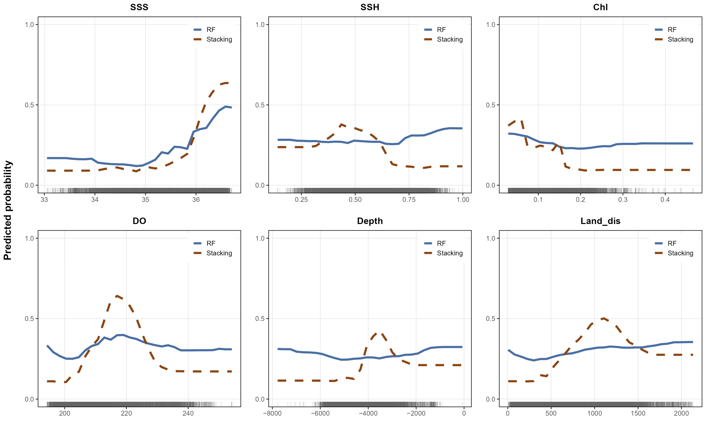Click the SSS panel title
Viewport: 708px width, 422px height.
139,7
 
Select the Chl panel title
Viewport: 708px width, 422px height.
600,7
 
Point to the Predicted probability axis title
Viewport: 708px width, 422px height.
8,211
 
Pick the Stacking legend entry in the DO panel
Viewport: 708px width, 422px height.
213,253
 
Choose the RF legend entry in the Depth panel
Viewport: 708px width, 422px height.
435,243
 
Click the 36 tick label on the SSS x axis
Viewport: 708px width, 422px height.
196,200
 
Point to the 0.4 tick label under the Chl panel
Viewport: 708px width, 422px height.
665,200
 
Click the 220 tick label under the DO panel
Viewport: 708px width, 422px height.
126,413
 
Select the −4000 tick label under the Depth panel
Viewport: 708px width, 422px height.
368,413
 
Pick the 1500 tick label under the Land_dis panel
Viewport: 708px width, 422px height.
638,413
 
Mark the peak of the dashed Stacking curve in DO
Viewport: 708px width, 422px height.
117,296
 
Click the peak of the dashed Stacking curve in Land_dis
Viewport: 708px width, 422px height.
603,318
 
